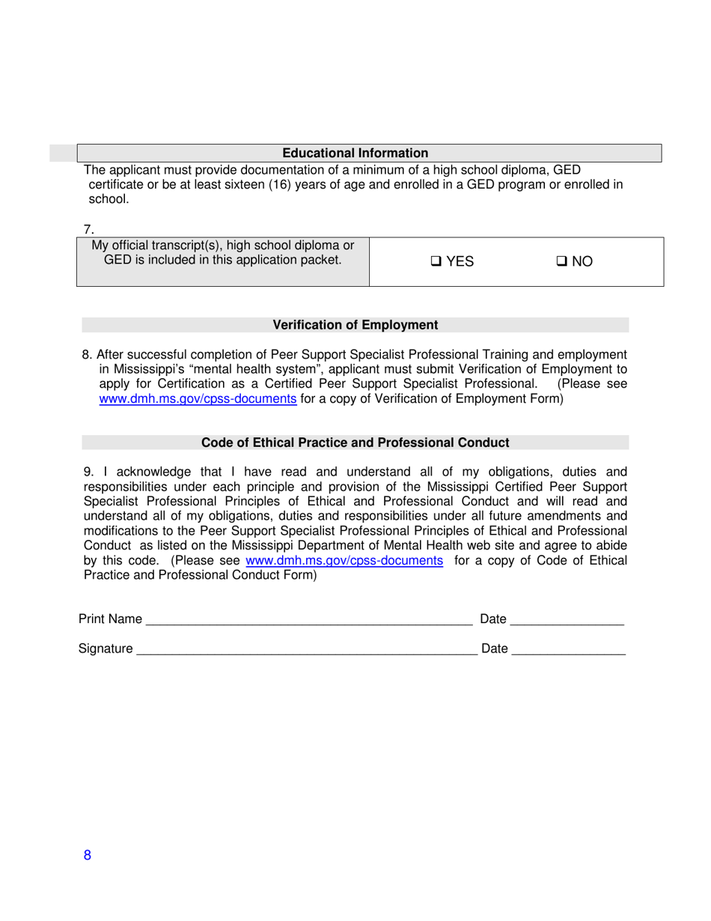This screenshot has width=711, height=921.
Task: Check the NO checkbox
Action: coord(561,261)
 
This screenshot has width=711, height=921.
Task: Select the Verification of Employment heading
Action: coord(355,325)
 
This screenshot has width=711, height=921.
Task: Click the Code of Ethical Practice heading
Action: coord(355,443)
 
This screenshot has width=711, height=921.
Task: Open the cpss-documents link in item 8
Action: coord(198,399)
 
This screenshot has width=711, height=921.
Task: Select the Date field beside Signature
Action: coord(569,648)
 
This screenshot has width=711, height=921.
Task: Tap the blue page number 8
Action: coord(88,857)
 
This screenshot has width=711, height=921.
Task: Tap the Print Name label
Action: coord(110,618)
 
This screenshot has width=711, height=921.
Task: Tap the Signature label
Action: coord(106,648)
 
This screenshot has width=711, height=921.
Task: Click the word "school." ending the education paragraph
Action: coord(109,199)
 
